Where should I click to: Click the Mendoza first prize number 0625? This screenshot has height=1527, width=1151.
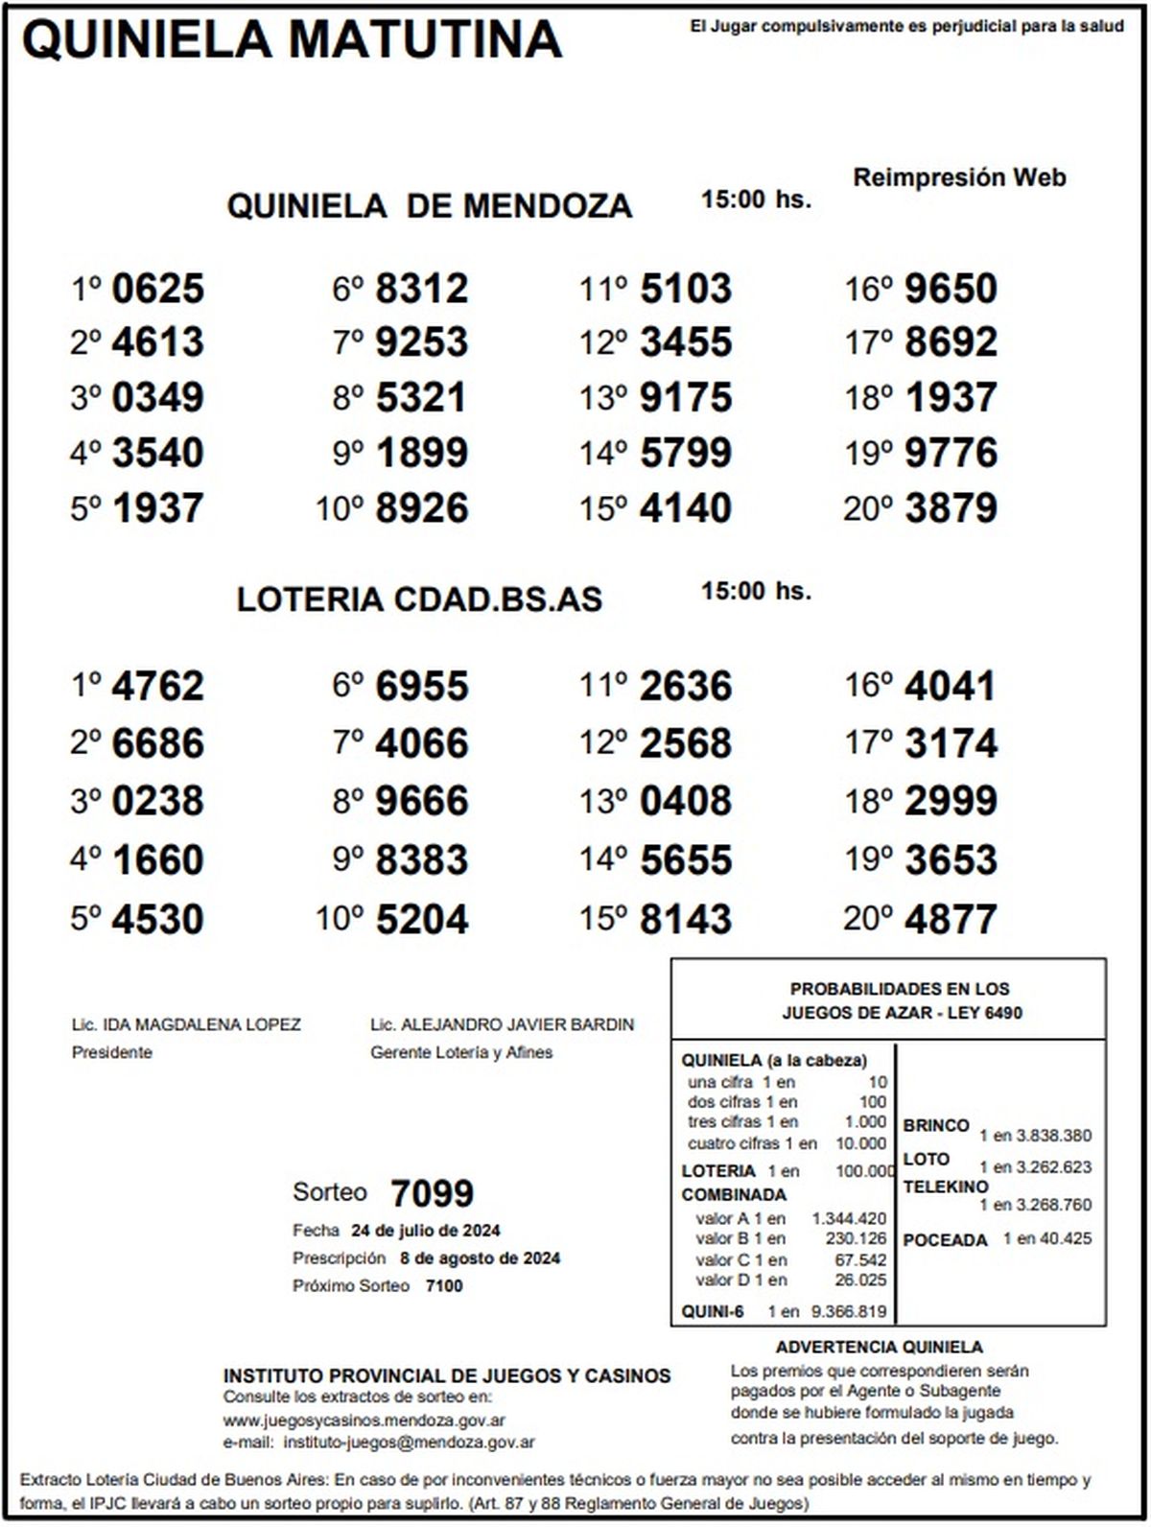point(158,289)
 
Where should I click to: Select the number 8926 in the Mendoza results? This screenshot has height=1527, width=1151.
point(422,508)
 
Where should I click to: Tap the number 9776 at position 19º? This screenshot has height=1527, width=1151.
point(951,453)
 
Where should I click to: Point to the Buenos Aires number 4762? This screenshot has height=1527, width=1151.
point(158,687)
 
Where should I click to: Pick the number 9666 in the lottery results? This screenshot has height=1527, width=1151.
point(422,802)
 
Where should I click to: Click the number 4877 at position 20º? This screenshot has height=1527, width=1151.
point(951,919)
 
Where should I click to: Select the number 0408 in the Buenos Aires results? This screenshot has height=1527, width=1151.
point(686,802)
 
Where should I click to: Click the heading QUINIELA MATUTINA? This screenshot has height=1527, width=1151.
point(292,40)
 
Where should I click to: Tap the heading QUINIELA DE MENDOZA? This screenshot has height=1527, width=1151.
point(429,206)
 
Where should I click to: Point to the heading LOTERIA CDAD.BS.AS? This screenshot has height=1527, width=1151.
point(419,599)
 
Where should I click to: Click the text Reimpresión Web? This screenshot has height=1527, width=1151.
point(959,177)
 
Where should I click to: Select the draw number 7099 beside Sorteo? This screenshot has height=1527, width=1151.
point(432,1194)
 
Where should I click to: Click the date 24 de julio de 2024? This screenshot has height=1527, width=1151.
point(426,1231)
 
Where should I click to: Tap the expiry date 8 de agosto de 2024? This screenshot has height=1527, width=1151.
point(481,1258)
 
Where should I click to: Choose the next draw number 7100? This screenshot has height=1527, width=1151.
point(444,1286)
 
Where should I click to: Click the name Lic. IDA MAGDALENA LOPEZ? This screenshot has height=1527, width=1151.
point(186,1024)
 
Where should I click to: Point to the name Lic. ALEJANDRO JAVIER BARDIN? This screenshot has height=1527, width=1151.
point(502,1024)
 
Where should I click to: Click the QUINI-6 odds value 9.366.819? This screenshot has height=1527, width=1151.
point(849,1311)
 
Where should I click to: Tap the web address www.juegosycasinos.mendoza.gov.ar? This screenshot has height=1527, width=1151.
point(364,1421)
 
